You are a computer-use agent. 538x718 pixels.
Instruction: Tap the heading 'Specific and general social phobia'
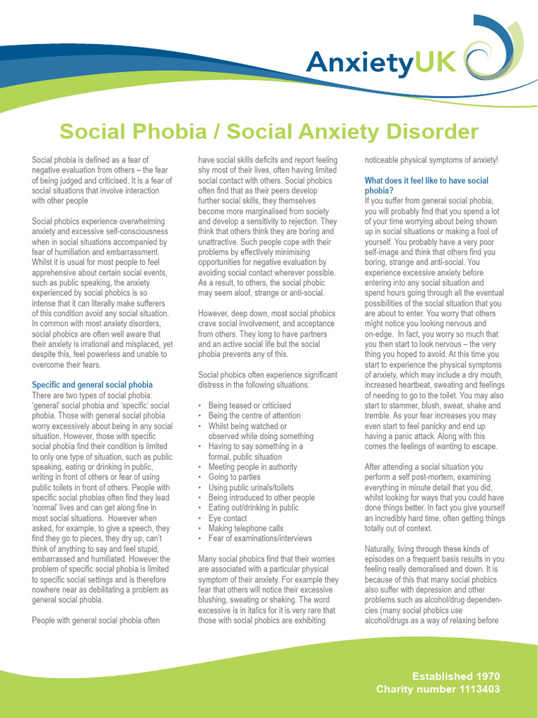[92, 385]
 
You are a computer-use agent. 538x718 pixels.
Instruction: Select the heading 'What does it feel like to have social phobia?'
[427, 185]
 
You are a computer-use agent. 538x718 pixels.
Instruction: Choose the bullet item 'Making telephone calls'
[245, 528]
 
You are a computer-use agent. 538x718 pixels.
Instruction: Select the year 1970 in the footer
[487, 676]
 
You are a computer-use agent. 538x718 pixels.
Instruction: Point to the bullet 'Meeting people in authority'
[252, 467]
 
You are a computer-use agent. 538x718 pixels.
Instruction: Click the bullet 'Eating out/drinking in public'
[253, 508]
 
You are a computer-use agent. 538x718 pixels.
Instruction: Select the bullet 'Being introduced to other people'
[261, 498]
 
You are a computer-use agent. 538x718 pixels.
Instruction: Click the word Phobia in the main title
[162, 131]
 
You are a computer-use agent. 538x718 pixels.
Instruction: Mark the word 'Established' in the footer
[441, 676]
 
